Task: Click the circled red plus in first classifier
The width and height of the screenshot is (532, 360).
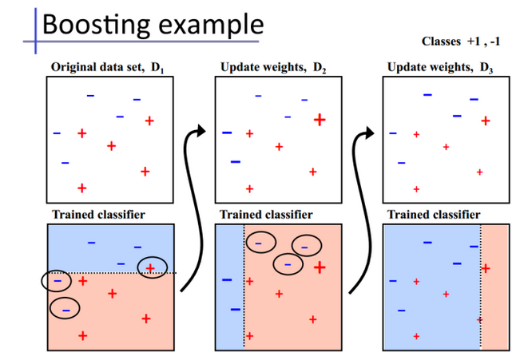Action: point(151,267)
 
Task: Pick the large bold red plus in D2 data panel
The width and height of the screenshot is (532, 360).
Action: point(320,120)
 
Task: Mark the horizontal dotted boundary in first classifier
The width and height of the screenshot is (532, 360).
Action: point(112,274)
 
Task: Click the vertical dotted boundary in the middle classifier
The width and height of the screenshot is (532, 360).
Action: point(244,287)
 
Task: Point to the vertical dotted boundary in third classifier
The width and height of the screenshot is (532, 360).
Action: point(481,287)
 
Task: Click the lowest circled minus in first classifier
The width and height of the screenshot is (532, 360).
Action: point(66,308)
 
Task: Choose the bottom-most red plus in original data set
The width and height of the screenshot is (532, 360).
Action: point(81,188)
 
